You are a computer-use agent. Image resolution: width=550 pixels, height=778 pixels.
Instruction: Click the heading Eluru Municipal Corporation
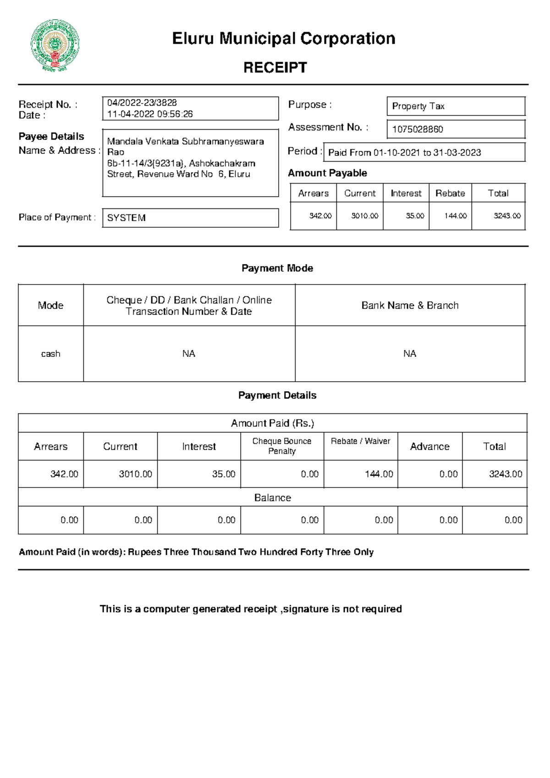[283, 38]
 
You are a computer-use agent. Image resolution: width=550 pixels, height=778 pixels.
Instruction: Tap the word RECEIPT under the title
[275, 67]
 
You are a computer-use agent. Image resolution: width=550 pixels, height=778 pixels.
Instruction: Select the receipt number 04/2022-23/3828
[142, 103]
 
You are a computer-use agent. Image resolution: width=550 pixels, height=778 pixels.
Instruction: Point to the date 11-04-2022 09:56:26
[150, 114]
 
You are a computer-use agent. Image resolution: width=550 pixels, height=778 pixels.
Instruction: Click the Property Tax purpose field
[418, 106]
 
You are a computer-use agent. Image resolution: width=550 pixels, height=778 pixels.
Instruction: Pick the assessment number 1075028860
[418, 130]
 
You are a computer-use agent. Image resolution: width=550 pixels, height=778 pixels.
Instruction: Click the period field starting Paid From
[404, 153]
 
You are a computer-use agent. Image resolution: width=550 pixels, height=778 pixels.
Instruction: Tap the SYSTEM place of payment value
[126, 218]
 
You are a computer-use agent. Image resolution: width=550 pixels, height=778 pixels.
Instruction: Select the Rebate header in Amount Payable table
[450, 193]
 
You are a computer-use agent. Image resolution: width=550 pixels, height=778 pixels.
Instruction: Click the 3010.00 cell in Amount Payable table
[364, 216]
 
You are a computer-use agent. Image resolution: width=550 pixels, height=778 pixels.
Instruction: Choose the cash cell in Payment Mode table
[50, 354]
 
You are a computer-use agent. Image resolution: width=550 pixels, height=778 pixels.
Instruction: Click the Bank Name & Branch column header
[410, 306]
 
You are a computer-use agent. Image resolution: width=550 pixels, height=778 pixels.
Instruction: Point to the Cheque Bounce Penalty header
[282, 446]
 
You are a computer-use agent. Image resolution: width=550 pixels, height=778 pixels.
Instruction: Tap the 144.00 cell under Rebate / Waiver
[379, 474]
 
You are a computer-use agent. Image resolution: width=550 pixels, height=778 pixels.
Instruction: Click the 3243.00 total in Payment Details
[505, 474]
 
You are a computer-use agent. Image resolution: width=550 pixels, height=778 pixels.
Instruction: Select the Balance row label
[272, 498]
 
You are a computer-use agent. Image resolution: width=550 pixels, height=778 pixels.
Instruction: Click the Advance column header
[429, 446]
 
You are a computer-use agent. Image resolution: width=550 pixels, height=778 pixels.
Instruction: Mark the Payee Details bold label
[51, 137]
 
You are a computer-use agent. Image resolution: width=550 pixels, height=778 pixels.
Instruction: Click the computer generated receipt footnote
[251, 609]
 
